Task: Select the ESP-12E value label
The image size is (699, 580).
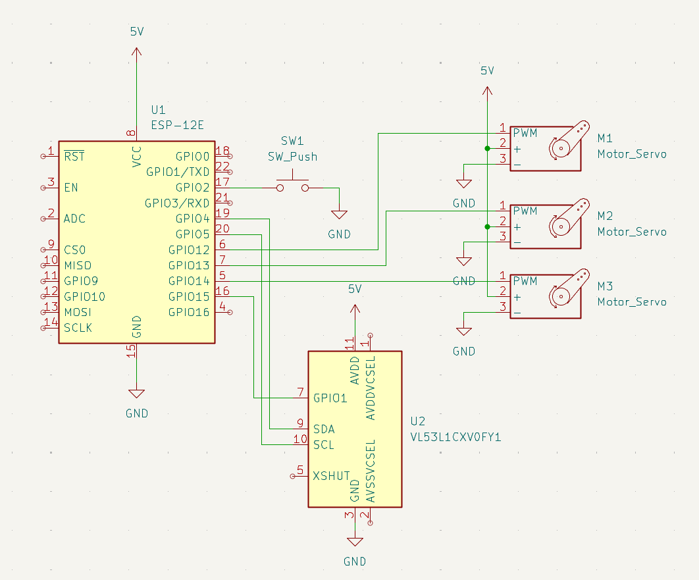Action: [x=178, y=125]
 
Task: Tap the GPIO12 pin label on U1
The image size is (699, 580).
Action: [x=188, y=250]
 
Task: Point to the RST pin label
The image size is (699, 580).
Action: [x=74, y=156]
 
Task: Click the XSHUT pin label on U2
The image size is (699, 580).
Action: [x=331, y=476]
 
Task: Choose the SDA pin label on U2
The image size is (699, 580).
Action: [x=324, y=429]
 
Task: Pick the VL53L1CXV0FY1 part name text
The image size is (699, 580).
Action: [x=455, y=437]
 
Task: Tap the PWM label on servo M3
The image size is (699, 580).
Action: [x=525, y=281]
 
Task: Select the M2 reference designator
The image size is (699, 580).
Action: [x=605, y=216]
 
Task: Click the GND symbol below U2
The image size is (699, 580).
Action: [x=355, y=542]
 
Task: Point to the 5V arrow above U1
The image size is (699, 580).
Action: [x=136, y=51]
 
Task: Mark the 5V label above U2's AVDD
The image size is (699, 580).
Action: [x=355, y=289]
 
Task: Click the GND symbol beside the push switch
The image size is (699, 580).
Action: [x=339, y=215]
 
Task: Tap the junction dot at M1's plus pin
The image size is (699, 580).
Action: [x=487, y=148]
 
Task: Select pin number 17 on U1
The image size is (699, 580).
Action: [x=222, y=182]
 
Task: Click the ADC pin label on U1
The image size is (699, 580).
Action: [x=74, y=219]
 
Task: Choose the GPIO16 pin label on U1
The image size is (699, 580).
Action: [x=188, y=313]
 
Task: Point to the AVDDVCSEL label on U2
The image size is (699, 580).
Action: [x=371, y=388]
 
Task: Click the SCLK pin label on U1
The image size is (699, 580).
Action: [x=78, y=328]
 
